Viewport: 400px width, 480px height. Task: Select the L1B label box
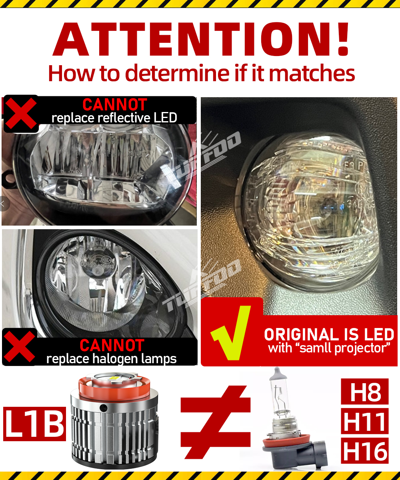pyautogui.click(x=34, y=424)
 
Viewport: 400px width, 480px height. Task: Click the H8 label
pyautogui.click(x=364, y=392)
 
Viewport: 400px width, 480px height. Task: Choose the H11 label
pyautogui.click(x=364, y=421)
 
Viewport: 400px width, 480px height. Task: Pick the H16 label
pyautogui.click(x=364, y=450)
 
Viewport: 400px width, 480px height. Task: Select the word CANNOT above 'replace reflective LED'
pyautogui.click(x=115, y=105)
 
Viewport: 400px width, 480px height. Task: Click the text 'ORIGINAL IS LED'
pyautogui.click(x=329, y=334)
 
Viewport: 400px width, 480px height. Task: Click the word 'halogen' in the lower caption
pyautogui.click(x=120, y=359)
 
